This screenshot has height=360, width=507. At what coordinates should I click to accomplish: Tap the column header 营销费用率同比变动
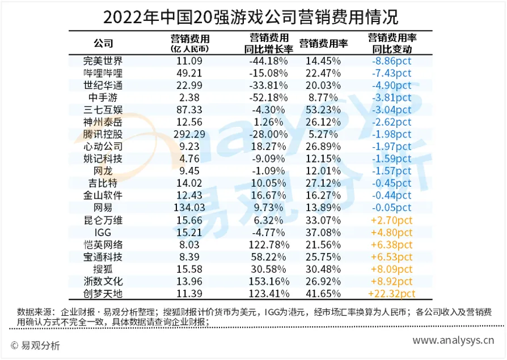(392, 44)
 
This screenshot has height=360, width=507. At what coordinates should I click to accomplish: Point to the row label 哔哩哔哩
(103, 73)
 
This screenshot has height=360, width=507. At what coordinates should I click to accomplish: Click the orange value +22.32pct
(392, 293)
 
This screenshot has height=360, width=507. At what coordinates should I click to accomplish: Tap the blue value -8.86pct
(392, 61)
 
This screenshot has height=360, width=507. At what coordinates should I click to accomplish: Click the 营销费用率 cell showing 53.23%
(323, 110)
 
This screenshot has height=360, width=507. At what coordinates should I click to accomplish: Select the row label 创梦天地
(103, 293)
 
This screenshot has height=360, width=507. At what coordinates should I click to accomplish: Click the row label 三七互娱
(103, 110)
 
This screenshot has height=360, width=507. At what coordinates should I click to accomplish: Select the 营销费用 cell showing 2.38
(190, 97)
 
